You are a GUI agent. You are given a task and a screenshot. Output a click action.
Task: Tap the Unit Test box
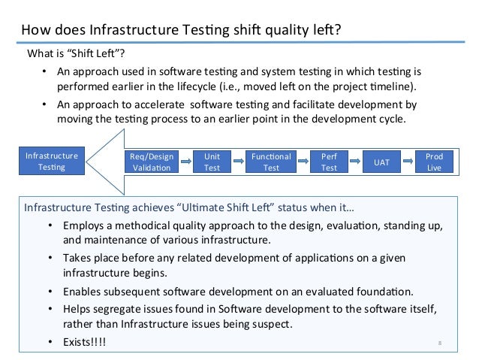(212, 162)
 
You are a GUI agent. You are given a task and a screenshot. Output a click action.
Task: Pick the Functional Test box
(271, 162)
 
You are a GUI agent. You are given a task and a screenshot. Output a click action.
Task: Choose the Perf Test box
(329, 162)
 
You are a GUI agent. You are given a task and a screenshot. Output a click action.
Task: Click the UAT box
(381, 162)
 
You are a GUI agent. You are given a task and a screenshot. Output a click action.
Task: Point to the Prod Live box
(434, 162)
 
